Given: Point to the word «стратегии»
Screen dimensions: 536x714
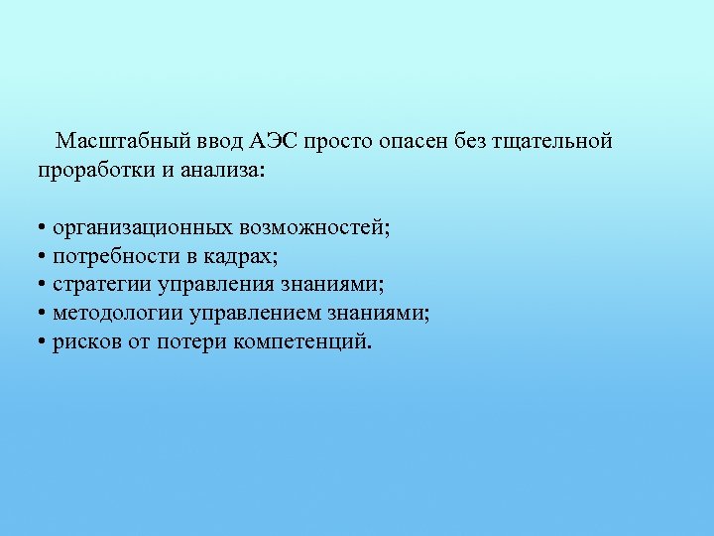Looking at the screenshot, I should click(x=100, y=286).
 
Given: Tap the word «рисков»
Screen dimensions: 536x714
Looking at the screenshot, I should click(x=84, y=343).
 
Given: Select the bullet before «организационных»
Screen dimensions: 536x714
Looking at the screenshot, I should click(x=43, y=229).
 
